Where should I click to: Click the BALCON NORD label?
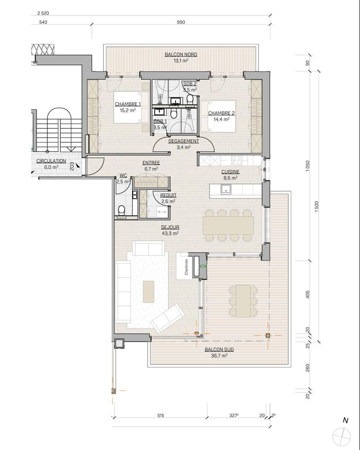pyautogui.click(x=181, y=55)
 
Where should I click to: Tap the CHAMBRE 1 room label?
pyautogui.click(x=127, y=104)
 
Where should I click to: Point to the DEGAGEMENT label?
pyautogui.click(x=183, y=141)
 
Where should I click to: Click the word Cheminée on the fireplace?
pyautogui.click(x=186, y=267)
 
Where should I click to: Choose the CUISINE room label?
pyautogui.click(x=230, y=172)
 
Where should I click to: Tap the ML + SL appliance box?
pyautogui.click(x=162, y=212)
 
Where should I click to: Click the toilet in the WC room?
pyautogui.click(x=122, y=210)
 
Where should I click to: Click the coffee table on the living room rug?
pyautogui.click(x=148, y=291)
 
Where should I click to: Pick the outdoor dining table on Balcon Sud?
pyautogui.click(x=243, y=301)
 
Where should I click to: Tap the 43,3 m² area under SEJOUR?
pyautogui.click(x=170, y=233)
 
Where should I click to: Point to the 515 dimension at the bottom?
pyautogui.click(x=160, y=415)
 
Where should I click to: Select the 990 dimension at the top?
pyautogui.click(x=181, y=22)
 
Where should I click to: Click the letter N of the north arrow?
pyautogui.click(x=345, y=421)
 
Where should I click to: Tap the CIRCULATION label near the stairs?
pyautogui.click(x=51, y=161)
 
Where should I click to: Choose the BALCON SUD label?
pyautogui.click(x=219, y=350)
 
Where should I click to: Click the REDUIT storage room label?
pyautogui.click(x=168, y=195)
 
